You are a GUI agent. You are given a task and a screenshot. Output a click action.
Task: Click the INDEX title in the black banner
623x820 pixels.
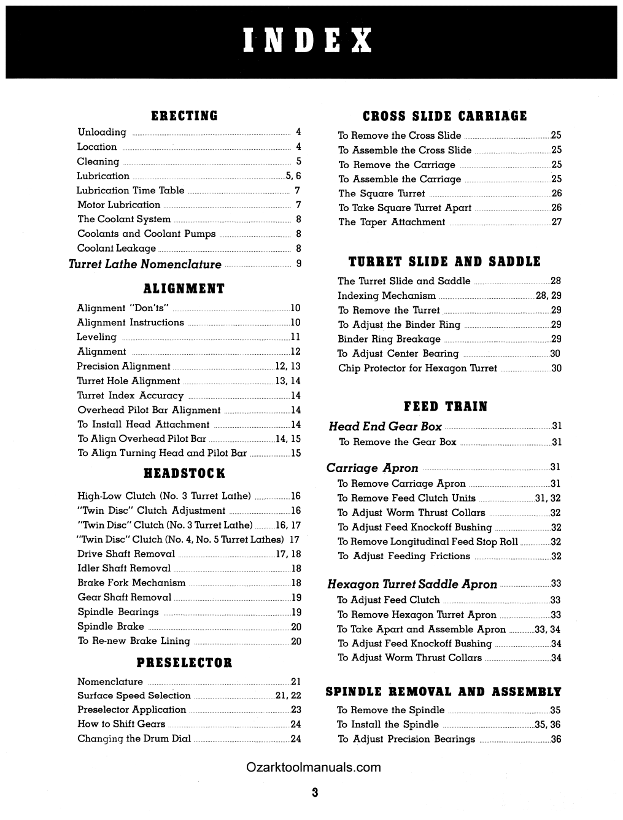pos(308,41)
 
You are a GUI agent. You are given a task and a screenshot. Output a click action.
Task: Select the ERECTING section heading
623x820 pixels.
pos(184,116)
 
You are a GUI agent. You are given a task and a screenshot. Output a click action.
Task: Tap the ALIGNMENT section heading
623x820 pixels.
pos(184,288)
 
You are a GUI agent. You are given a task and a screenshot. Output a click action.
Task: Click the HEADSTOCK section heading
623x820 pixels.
pos(184,473)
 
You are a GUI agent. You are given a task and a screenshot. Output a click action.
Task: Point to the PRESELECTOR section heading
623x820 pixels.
pos(184,663)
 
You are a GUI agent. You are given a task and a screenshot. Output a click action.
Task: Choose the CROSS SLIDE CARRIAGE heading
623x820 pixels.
pos(445,116)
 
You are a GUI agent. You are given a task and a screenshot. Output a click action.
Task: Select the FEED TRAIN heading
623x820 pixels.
pos(446,406)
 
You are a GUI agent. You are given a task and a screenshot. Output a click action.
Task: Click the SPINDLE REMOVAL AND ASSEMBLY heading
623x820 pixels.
pos(443,692)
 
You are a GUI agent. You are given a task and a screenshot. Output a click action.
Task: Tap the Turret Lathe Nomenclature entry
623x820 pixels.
pos(145,265)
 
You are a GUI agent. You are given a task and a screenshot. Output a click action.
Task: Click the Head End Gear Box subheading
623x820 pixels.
pos(385,426)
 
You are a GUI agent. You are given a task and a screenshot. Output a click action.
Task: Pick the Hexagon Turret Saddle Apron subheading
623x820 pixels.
pos(412,584)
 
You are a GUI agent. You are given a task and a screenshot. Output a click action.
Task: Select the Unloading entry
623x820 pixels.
pos(102,132)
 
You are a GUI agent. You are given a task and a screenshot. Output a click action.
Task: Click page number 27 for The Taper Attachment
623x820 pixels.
pos(556,222)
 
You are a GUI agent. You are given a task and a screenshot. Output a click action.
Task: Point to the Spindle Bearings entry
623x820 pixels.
pos(118,612)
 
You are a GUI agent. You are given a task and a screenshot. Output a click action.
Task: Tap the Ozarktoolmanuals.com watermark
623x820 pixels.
pos(313,767)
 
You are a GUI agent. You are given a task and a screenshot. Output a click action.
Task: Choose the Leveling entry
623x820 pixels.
pos(96,337)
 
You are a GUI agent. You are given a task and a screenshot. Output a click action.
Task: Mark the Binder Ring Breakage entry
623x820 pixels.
pos(389,339)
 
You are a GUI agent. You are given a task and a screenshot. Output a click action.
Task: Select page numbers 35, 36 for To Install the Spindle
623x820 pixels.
pos(548,724)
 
